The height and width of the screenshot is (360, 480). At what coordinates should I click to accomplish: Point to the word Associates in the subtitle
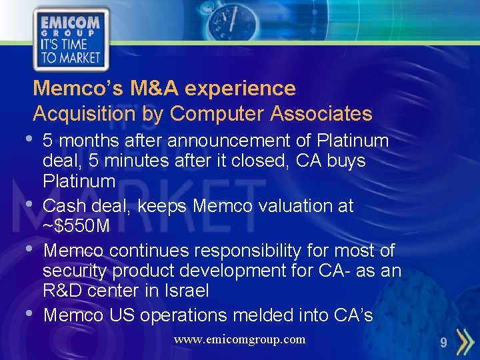point(321,113)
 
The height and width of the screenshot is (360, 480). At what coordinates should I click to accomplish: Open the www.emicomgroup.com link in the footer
point(239,339)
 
